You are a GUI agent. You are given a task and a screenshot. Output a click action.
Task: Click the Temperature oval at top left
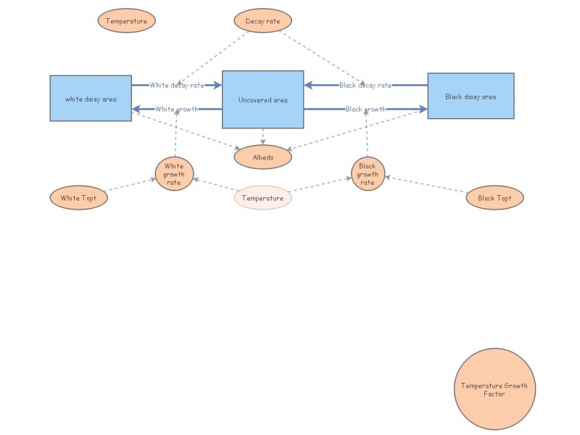(126, 21)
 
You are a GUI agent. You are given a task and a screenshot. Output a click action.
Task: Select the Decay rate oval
(262, 21)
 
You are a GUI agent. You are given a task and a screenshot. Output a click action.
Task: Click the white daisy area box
(91, 98)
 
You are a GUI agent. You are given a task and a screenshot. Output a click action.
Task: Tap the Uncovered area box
(262, 100)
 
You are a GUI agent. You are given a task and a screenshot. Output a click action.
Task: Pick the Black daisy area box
(471, 96)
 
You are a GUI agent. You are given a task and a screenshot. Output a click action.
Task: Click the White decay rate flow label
(176, 85)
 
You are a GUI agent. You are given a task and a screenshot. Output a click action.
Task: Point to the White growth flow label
(176, 109)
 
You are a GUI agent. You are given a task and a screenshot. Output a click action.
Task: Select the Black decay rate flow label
(365, 85)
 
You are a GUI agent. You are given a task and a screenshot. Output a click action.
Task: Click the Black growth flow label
(365, 109)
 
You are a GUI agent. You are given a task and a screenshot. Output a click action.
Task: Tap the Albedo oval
(262, 156)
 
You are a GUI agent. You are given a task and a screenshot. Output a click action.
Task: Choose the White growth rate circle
(174, 173)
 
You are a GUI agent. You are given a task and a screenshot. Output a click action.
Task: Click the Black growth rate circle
(368, 173)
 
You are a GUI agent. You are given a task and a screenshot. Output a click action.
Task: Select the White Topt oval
(79, 198)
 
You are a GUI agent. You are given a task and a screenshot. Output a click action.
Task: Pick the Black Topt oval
(494, 197)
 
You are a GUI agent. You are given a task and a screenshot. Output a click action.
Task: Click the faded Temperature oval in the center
(262, 198)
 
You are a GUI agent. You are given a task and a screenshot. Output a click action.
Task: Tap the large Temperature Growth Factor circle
(494, 389)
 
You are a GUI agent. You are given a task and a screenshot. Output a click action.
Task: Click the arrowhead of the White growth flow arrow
(136, 109)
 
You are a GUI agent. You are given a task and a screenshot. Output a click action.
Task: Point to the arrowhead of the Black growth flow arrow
(423, 109)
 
